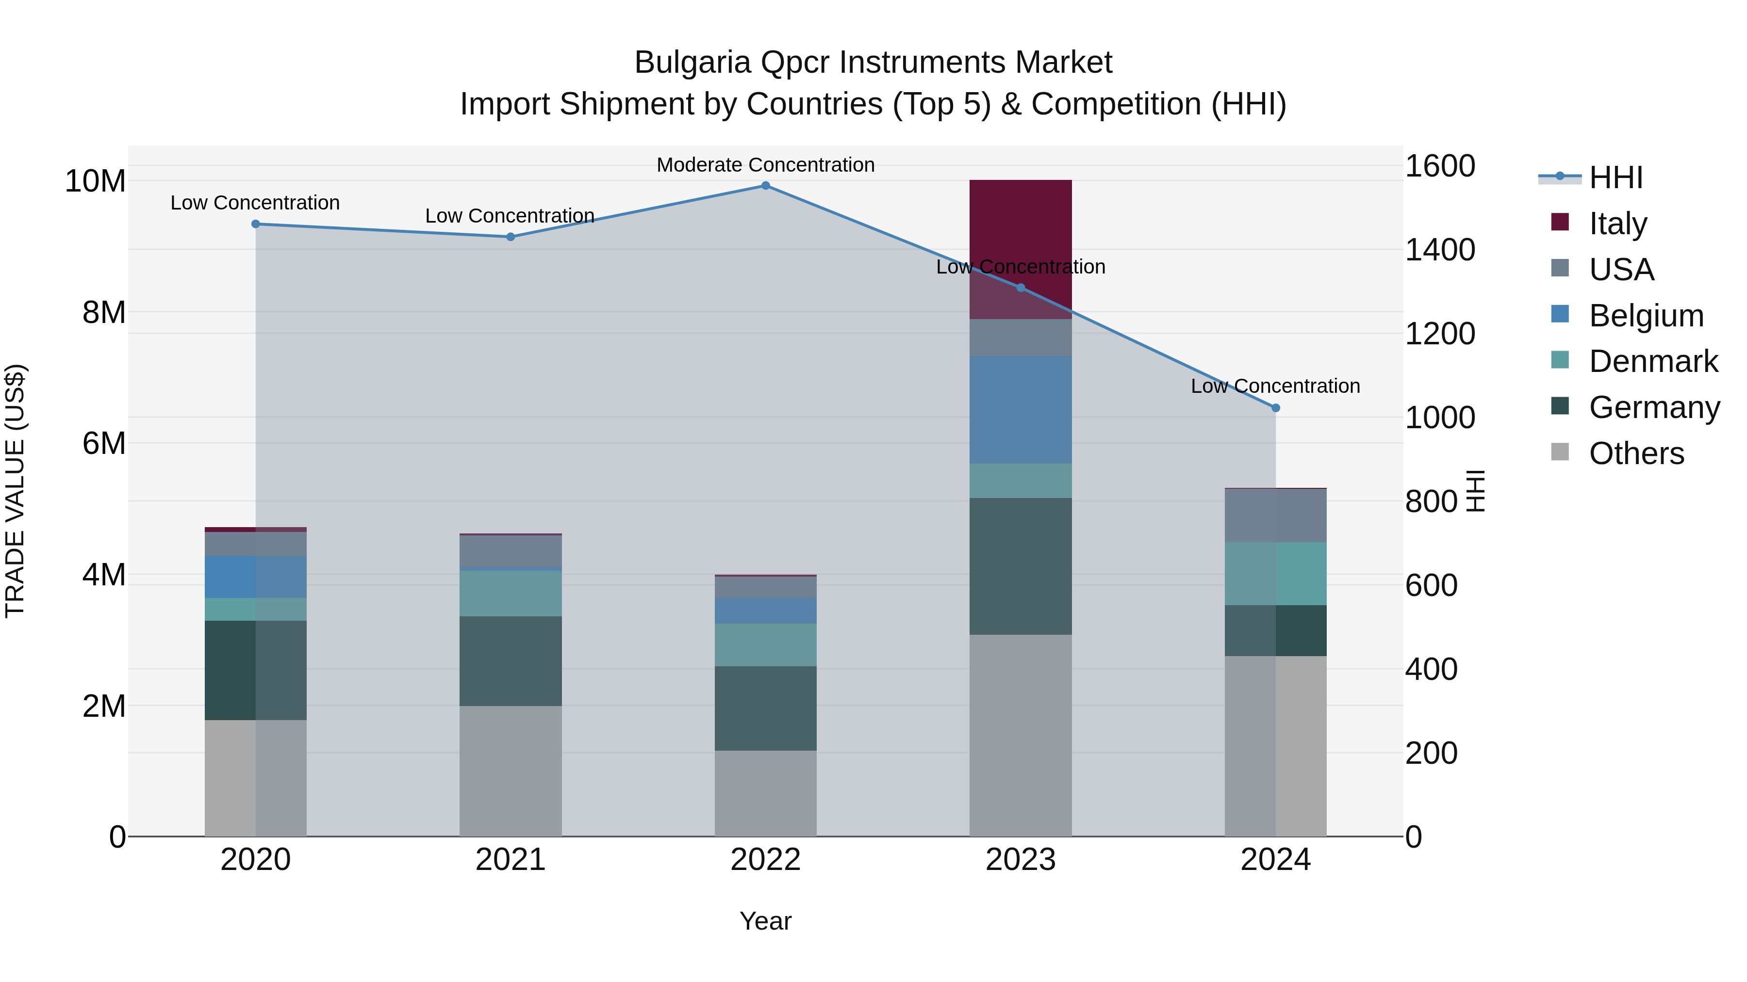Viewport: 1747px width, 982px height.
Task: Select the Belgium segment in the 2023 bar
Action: click(1020, 409)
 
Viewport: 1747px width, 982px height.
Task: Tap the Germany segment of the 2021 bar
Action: click(510, 661)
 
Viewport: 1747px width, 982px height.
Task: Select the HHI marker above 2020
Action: click(256, 224)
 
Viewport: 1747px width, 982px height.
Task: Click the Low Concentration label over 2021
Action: click(510, 215)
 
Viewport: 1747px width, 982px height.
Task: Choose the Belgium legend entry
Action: click(1646, 316)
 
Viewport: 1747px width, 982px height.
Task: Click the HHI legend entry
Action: click(1615, 177)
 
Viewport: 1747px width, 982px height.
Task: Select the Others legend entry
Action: click(1636, 453)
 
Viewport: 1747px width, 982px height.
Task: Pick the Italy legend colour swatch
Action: click(1560, 222)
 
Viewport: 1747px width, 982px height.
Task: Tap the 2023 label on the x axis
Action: click(1020, 860)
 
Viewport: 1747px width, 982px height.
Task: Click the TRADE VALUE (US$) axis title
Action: click(16, 491)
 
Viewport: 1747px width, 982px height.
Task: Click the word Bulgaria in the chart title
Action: click(692, 63)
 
